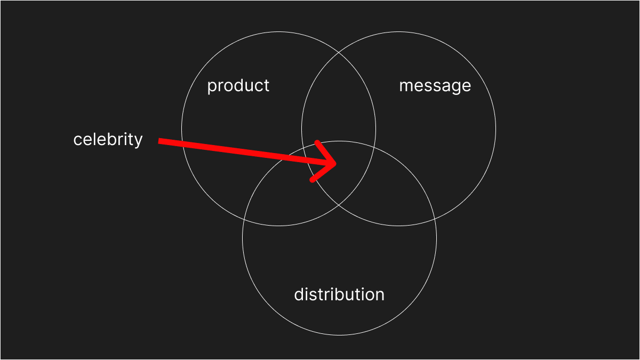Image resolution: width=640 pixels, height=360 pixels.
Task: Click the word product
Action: [238, 86]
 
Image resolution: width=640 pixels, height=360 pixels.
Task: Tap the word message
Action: [435, 86]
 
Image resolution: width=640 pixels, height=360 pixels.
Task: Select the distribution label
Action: [339, 294]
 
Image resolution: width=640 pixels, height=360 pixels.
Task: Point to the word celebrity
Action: [108, 140]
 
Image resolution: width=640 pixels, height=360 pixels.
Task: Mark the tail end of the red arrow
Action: [160, 141]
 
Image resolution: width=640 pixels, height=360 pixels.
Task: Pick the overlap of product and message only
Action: [339, 107]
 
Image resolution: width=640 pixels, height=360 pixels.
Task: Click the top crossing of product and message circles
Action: [339, 53]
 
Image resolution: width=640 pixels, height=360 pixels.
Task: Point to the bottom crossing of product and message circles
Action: [339, 205]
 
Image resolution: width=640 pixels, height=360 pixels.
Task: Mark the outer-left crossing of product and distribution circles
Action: [245, 219]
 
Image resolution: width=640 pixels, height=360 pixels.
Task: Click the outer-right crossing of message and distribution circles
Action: [434, 219]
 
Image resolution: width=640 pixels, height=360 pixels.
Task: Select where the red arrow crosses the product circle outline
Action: [183, 144]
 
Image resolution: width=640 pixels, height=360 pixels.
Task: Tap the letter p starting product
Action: [212, 87]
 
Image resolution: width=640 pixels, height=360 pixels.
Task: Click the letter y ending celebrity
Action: [139, 141]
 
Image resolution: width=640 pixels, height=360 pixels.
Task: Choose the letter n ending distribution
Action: [379, 295]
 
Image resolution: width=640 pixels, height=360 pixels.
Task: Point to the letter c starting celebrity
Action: [77, 140]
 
